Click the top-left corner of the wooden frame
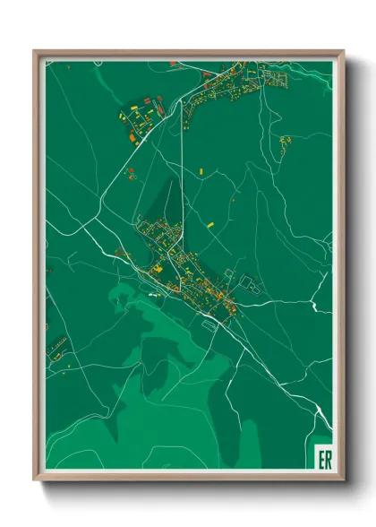click(x=35, y=51)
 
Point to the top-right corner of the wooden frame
click(x=343, y=51)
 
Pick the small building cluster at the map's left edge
click(x=58, y=343)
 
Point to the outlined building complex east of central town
click(x=249, y=285)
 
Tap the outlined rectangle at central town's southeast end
click(x=210, y=325)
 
